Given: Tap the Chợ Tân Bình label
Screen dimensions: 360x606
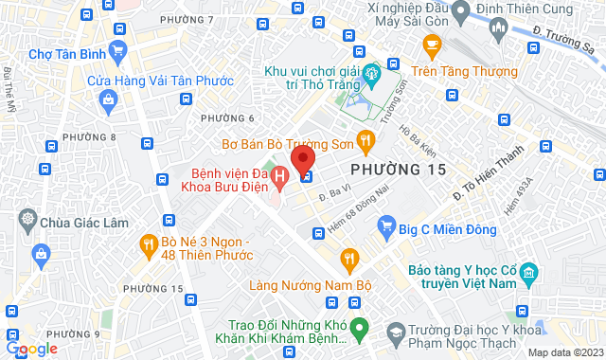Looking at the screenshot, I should (x=66, y=53).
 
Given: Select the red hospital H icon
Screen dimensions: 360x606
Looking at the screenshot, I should (x=280, y=176).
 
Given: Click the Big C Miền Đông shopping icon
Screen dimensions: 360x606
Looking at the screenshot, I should (x=386, y=225).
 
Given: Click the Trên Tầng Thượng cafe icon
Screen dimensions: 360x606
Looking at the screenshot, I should (x=432, y=44).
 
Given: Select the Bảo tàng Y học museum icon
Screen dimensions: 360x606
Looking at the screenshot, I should (x=528, y=275).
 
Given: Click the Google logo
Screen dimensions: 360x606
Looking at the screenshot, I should (x=31, y=349).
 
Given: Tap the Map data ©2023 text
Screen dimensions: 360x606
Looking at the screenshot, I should (x=564, y=352).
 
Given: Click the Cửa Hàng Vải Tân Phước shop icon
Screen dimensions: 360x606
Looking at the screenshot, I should (x=106, y=99).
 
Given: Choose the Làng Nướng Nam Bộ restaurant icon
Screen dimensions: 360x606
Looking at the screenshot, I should (x=350, y=258).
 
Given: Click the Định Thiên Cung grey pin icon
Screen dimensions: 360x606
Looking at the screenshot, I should (x=461, y=11).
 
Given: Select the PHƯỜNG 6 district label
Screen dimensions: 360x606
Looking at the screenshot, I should (x=227, y=117).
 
